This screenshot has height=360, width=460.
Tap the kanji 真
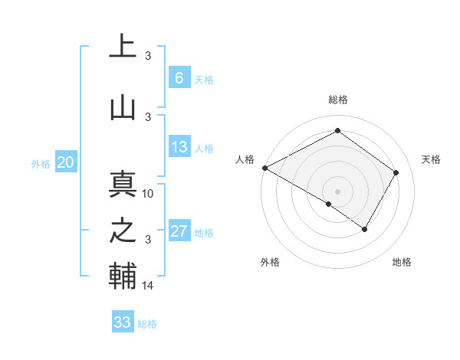(x=123, y=184)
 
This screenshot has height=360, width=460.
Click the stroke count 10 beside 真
(x=149, y=194)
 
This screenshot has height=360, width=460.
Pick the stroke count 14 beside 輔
(x=149, y=286)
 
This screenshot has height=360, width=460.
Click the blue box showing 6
(x=179, y=77)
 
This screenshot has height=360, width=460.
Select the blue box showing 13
(x=179, y=147)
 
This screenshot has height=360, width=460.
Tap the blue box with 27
(x=179, y=231)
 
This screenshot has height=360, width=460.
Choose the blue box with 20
(x=66, y=162)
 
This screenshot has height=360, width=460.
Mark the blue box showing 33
(x=122, y=322)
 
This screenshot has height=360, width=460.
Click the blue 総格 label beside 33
(x=147, y=324)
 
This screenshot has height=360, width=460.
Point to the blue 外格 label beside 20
(x=41, y=163)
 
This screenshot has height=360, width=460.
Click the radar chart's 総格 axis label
(x=337, y=100)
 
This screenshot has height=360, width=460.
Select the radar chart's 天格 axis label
(x=431, y=159)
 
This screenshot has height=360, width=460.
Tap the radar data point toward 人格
(x=264, y=168)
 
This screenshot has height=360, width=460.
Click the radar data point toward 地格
(x=365, y=229)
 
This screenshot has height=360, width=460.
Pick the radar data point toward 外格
(x=329, y=204)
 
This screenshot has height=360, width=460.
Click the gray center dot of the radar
(x=337, y=191)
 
